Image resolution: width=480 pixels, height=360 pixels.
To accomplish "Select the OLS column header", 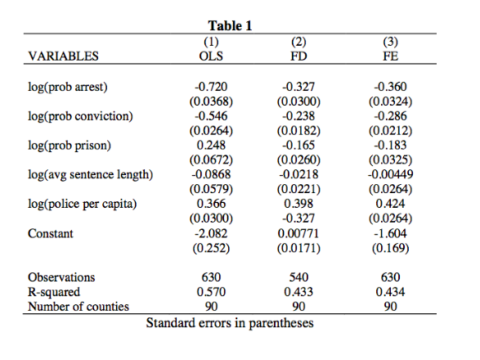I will click(x=211, y=56).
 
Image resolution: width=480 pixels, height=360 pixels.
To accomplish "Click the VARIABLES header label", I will click(x=63, y=56).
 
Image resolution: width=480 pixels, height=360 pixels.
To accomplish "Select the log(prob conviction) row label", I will click(x=80, y=116).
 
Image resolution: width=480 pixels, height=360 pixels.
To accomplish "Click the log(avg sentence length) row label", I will click(x=90, y=175).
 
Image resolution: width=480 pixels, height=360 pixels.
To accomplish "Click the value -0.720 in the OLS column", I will click(x=211, y=87).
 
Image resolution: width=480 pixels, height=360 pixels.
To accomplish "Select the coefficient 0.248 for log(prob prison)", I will click(x=211, y=145).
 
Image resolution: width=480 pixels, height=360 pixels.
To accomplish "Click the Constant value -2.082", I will click(x=211, y=233).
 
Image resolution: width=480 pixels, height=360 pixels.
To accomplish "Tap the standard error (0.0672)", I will click(x=211, y=160).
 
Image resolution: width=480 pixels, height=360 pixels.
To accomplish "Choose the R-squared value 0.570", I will click(x=211, y=292).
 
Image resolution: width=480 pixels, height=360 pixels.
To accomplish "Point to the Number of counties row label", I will click(x=79, y=307).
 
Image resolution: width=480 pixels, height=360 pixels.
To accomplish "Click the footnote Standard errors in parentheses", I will click(x=230, y=322).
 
